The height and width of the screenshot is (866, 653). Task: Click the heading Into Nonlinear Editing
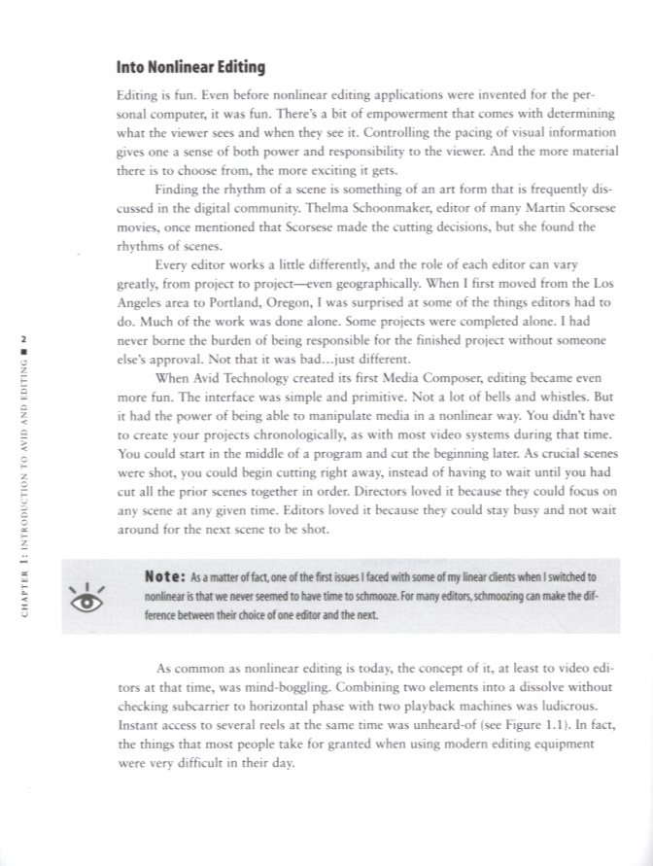(x=190, y=68)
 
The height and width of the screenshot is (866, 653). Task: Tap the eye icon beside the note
(x=87, y=597)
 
